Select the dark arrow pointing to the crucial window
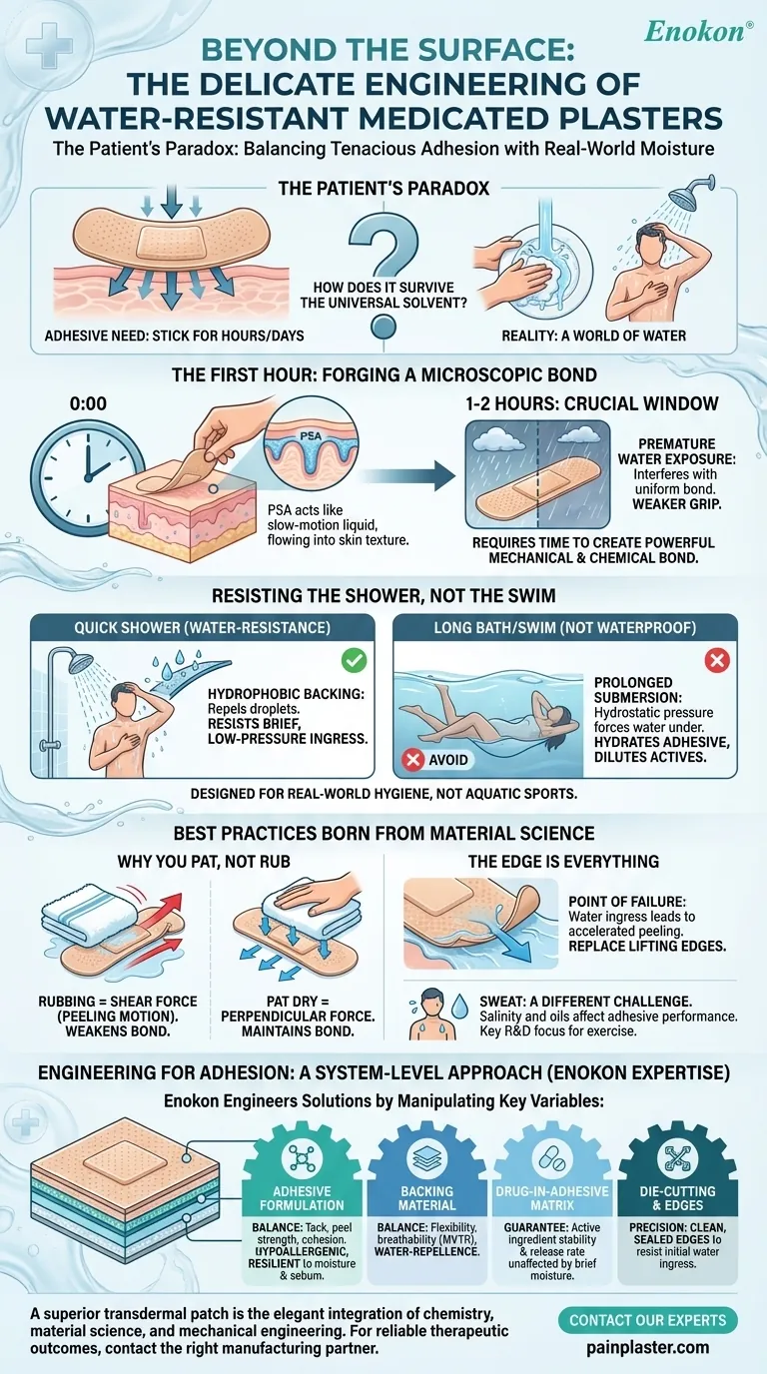pyautogui.click(x=409, y=475)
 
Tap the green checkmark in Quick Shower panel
pyautogui.click(x=355, y=661)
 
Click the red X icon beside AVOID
pyautogui.click(x=413, y=759)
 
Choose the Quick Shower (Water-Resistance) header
pyautogui.click(x=203, y=627)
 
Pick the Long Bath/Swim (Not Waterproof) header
pyautogui.click(x=565, y=627)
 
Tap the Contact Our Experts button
pyautogui.click(x=648, y=1320)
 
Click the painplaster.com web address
pyautogui.click(x=648, y=1347)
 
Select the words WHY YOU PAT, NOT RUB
pyautogui.click(x=204, y=861)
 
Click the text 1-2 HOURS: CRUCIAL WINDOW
pyautogui.click(x=591, y=403)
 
